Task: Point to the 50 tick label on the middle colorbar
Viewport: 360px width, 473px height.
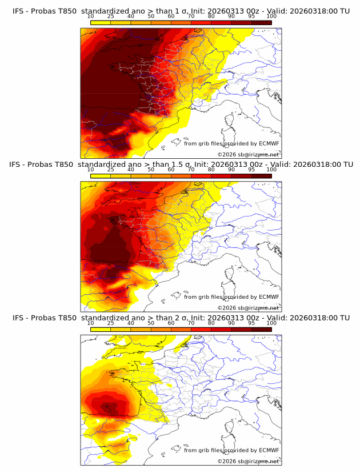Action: pos(151,170)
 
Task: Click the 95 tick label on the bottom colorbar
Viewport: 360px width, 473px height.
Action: pos(251,323)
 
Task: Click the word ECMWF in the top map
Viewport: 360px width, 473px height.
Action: pos(269,143)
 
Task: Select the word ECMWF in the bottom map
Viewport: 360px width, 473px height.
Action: pos(269,450)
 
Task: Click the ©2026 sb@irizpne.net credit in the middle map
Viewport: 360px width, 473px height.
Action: pos(248,307)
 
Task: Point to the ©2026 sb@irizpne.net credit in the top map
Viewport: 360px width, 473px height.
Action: pos(248,154)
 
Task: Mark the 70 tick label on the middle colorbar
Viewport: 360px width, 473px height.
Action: pos(191,170)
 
